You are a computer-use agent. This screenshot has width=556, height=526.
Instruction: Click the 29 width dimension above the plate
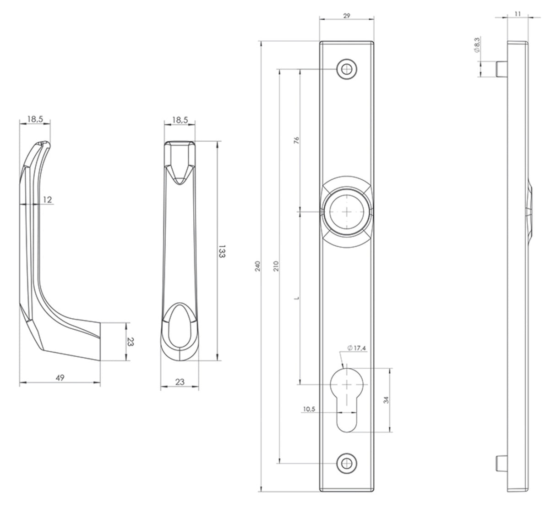tap(346, 16)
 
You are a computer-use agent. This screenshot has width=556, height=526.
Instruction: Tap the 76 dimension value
tap(296, 139)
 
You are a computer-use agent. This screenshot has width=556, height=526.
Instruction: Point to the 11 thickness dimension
tap(518, 14)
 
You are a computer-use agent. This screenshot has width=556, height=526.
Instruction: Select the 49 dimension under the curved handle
tap(60, 377)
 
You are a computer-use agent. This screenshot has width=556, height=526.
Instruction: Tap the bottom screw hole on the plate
tap(347, 463)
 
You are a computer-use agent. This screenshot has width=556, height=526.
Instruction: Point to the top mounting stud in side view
tap(501, 69)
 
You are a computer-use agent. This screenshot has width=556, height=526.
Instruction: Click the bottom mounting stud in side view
tap(501, 463)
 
